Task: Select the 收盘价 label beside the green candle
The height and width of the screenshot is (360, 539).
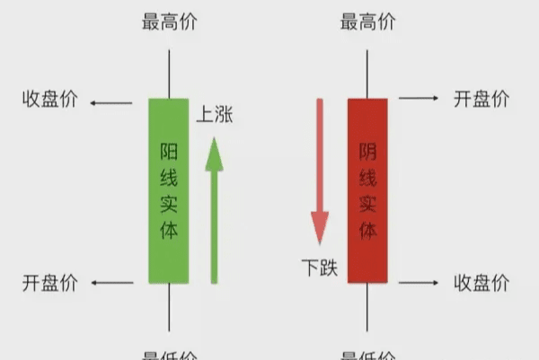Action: pos(50,98)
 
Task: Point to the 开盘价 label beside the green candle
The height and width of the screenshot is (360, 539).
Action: pos(50,284)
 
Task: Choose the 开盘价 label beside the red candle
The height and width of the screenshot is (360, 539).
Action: pos(482,98)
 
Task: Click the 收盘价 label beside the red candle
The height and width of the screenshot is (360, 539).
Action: pos(482,284)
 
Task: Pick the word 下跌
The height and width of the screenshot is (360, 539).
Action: pos(320,267)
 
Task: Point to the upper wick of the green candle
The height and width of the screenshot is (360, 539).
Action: pos(169,74)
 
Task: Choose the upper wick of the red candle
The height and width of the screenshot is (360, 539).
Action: pos(368,74)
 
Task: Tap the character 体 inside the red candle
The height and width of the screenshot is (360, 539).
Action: pos(368,231)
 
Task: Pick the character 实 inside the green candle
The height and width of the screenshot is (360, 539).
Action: pos(169,204)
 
